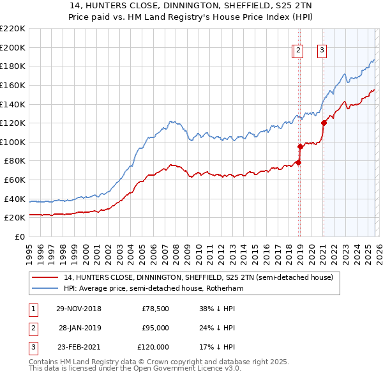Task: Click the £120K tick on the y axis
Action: (12, 123)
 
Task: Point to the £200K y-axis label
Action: (12, 47)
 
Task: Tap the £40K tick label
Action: (14, 199)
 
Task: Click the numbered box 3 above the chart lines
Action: (322, 51)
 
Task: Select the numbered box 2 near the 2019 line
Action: (299, 51)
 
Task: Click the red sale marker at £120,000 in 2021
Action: (324, 123)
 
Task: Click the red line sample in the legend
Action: (45, 278)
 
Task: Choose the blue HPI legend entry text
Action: (153, 289)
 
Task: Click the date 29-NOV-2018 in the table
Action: (79, 309)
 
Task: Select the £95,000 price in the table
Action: (155, 328)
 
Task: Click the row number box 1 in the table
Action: (32, 309)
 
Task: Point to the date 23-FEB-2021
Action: (79, 347)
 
